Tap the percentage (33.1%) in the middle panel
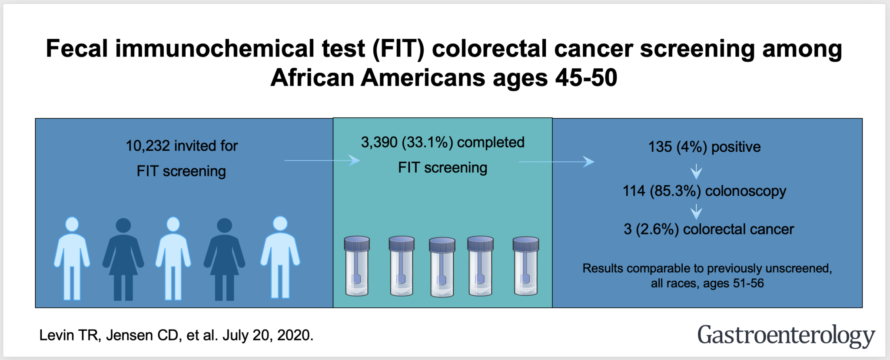click(427, 143)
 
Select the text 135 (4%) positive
click(704, 147)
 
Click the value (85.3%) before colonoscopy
click(675, 191)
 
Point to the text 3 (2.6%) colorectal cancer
click(708, 229)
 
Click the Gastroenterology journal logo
click(786, 336)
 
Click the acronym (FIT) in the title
click(398, 49)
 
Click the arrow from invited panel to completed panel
click(322, 160)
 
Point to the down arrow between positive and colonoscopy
click(696, 171)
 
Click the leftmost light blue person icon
click(72, 259)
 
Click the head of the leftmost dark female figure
click(123, 225)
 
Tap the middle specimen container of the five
click(442, 267)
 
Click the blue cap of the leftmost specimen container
click(357, 243)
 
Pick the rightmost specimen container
click(526, 266)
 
